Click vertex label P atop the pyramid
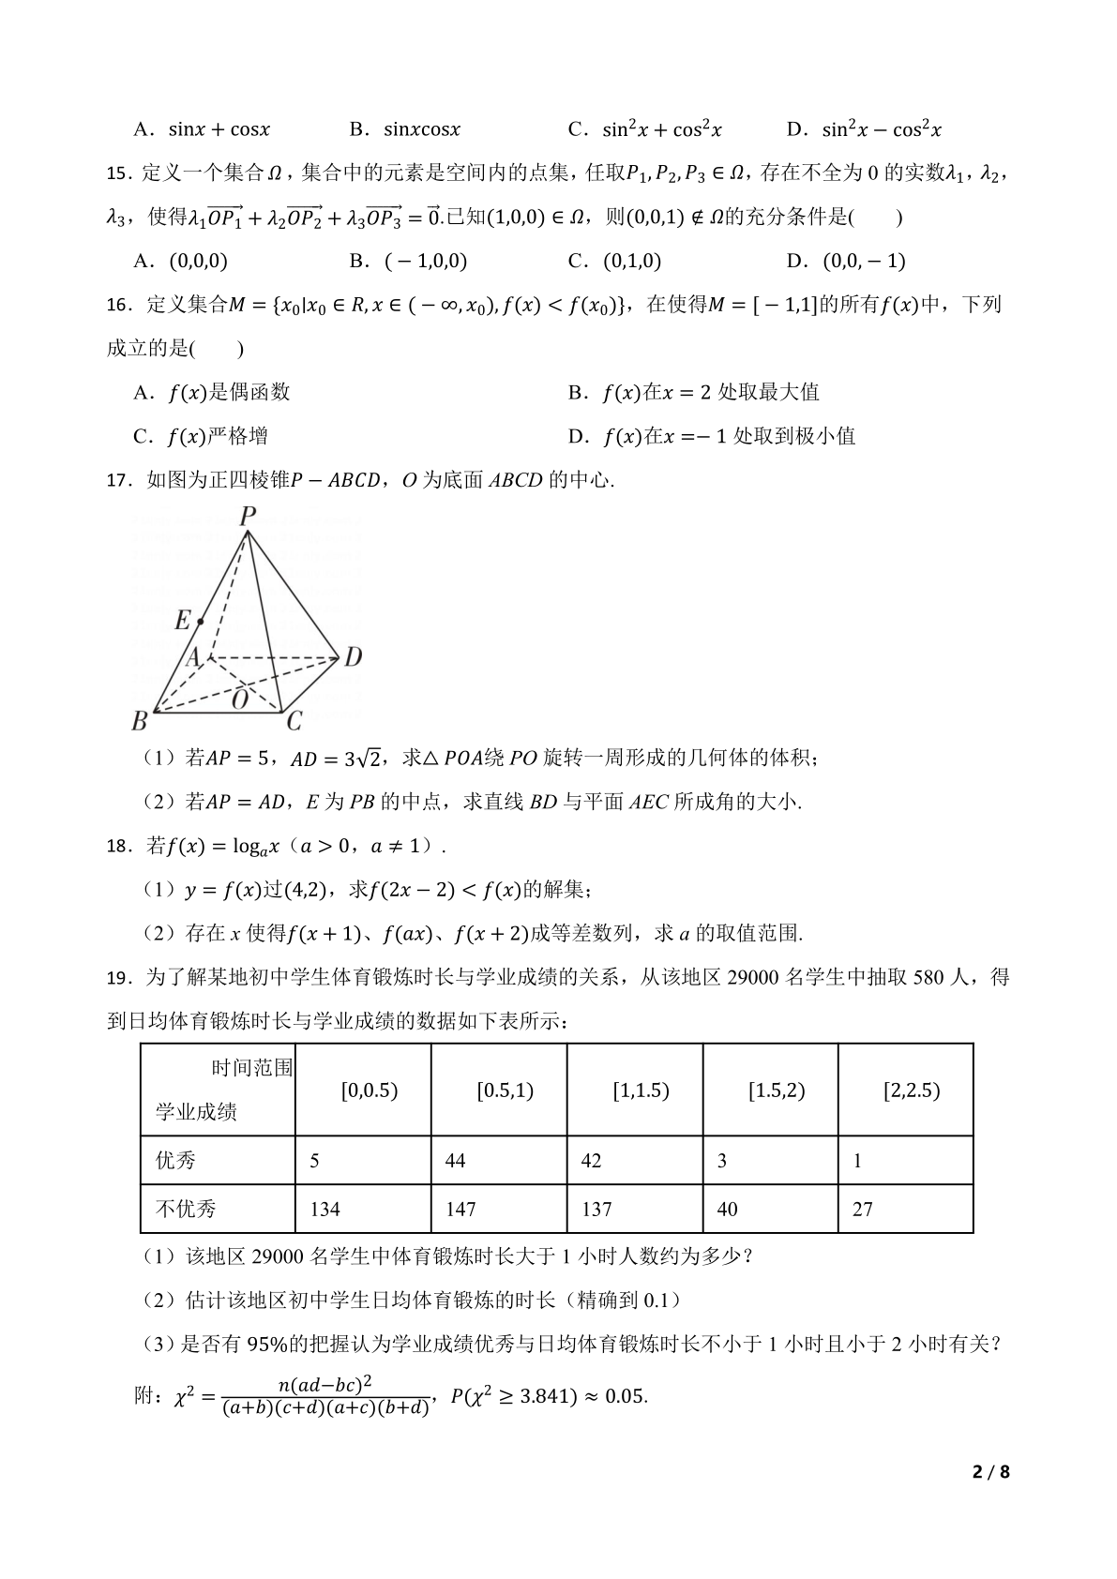pyautogui.click(x=248, y=516)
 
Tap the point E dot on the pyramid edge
pyautogui.click(x=201, y=622)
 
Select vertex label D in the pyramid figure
pyautogui.click(x=353, y=657)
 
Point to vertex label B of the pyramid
pyautogui.click(x=140, y=721)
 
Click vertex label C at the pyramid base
pyautogui.click(x=294, y=721)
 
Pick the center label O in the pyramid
pyautogui.click(x=240, y=699)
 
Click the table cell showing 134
pyautogui.click(x=325, y=1210)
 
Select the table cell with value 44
pyautogui.click(x=455, y=1161)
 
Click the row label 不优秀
pyautogui.click(x=186, y=1210)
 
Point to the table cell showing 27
pyautogui.click(x=863, y=1210)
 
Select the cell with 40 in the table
pyautogui.click(x=727, y=1210)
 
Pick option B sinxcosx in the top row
pyautogui.click(x=404, y=129)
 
